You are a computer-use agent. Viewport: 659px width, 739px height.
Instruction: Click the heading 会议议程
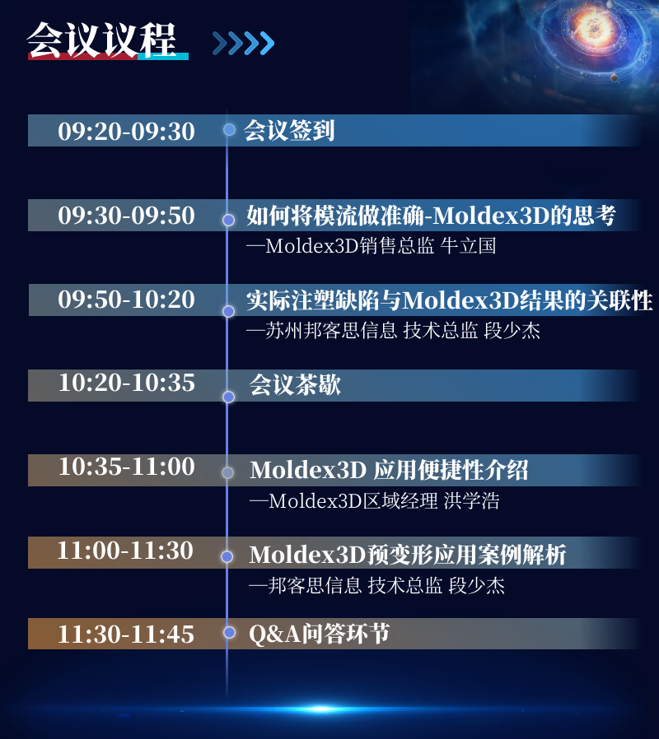(x=102, y=40)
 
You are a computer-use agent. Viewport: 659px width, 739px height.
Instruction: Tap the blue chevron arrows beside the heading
(x=243, y=44)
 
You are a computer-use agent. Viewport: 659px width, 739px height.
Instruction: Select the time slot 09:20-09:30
(x=126, y=131)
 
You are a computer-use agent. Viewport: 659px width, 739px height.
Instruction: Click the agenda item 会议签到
(x=289, y=131)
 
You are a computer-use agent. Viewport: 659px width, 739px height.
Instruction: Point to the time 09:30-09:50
(x=126, y=216)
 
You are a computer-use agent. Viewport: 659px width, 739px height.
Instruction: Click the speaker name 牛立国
(x=469, y=245)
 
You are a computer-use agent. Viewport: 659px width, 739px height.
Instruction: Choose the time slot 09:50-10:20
(x=126, y=300)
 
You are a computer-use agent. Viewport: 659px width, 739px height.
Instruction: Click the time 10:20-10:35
(x=126, y=383)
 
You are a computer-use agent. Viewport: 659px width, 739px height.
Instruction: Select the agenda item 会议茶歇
(x=295, y=384)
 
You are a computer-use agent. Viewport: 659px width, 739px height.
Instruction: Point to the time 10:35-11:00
(x=126, y=467)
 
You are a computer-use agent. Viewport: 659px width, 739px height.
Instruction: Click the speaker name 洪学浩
(x=472, y=501)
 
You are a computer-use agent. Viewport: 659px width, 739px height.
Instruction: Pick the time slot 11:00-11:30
(x=125, y=551)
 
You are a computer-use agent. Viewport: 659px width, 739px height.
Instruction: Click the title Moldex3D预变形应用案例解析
(x=408, y=555)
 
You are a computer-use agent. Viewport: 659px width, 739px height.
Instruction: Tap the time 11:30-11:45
(x=126, y=634)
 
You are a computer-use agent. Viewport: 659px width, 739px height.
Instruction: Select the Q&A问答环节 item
(x=320, y=634)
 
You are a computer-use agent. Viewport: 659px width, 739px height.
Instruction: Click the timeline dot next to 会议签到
(x=229, y=129)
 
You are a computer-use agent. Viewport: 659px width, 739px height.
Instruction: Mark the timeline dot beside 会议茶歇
(x=229, y=397)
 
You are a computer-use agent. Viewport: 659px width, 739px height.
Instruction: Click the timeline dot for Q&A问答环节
(x=229, y=633)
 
